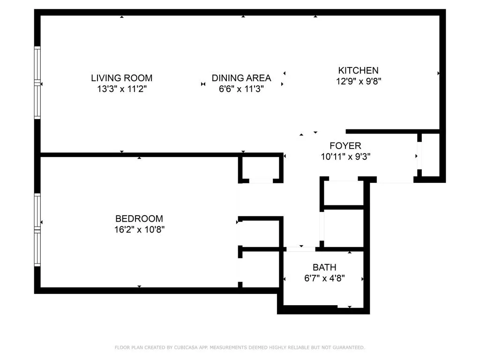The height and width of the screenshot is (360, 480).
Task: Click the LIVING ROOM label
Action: tap(121, 78)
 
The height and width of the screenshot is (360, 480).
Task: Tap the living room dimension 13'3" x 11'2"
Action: tap(121, 89)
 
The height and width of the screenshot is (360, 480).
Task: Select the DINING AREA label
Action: tap(241, 78)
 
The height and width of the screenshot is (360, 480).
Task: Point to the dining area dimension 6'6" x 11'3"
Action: tap(241, 89)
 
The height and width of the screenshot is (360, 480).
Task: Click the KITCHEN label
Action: tap(358, 70)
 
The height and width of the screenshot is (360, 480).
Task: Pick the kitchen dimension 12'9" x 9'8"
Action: tap(358, 81)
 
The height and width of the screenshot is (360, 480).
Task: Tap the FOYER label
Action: tap(345, 146)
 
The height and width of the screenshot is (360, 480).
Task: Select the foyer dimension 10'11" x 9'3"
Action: tap(345, 157)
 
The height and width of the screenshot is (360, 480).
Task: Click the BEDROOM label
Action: tap(139, 218)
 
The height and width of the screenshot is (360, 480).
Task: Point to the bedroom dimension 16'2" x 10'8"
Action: tap(139, 229)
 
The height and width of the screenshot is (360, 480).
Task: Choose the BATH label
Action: tap(324, 267)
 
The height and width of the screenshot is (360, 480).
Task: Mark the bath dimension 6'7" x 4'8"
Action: tap(324, 278)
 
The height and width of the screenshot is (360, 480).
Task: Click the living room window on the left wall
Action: tap(37, 82)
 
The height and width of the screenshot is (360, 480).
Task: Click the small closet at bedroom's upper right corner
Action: tap(261, 168)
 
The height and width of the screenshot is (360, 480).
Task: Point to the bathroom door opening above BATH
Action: tap(301, 249)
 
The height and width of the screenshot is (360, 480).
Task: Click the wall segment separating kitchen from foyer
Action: tap(392, 131)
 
